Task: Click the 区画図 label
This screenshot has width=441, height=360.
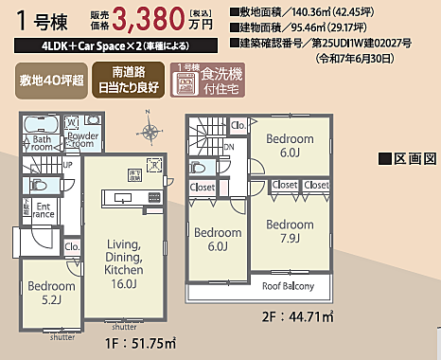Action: (406, 157)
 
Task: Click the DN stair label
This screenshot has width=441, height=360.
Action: (228, 147)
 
